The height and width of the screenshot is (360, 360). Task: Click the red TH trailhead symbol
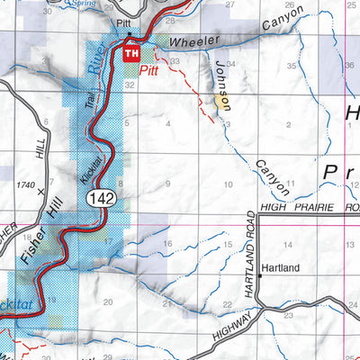pos(131,54)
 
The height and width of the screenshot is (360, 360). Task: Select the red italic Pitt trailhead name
pos(149,67)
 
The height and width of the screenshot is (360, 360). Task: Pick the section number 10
pos(228,184)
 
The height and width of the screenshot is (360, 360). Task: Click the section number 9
pos(168,184)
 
